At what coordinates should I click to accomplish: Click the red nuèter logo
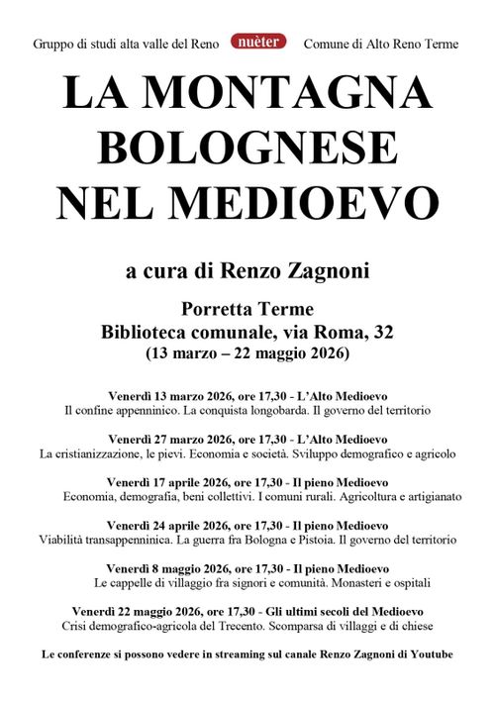point(259,42)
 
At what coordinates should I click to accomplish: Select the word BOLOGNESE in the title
point(247,149)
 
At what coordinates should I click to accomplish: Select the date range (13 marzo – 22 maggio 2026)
point(247,353)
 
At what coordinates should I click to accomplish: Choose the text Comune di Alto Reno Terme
point(380,45)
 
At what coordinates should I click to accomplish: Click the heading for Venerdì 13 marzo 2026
point(247,394)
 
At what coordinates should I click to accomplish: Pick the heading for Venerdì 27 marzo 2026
point(247,439)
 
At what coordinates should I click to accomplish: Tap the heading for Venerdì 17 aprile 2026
point(247,481)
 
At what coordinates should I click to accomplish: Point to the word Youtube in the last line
point(431,654)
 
